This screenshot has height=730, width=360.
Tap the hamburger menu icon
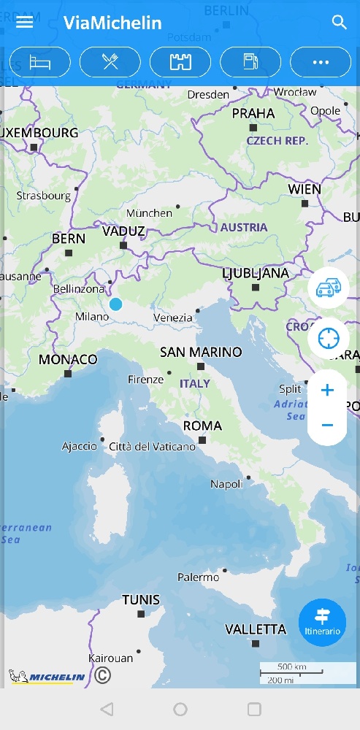(25, 22)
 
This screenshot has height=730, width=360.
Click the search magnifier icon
(339, 22)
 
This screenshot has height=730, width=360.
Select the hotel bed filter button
(40, 62)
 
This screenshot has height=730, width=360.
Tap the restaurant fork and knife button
(110, 62)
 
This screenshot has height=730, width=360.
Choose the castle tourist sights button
(180, 62)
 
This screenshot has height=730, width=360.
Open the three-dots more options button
(321, 62)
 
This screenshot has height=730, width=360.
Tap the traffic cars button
(328, 288)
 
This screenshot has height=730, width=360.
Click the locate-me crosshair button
(328, 338)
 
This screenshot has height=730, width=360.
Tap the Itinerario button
(322, 622)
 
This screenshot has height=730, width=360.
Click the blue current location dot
(115, 304)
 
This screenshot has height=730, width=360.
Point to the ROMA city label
(202, 426)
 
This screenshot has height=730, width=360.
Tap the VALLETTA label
(256, 629)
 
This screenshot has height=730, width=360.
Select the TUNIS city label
(141, 600)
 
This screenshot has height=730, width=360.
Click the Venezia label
(173, 318)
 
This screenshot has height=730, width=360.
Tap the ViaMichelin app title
(112, 23)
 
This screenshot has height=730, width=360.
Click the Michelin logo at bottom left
(48, 677)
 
